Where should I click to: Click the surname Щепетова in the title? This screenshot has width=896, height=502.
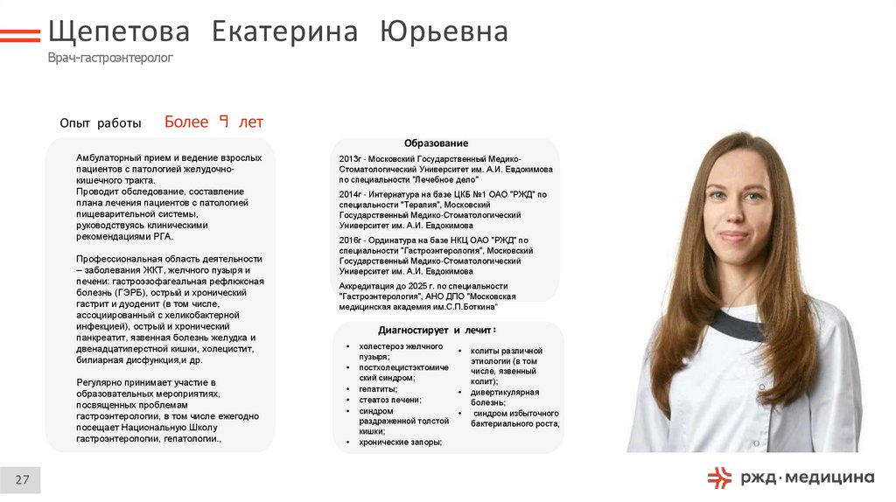click(119, 32)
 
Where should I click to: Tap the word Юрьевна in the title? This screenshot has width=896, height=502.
click(444, 32)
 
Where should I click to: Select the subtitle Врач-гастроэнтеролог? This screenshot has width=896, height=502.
click(110, 58)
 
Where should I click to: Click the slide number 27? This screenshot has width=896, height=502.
click(22, 479)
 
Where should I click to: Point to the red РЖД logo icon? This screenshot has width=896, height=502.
click(719, 478)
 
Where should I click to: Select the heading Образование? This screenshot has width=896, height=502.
click(436, 143)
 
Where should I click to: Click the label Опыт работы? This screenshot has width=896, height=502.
click(100, 124)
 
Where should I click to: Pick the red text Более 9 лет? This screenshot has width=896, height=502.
click(213, 122)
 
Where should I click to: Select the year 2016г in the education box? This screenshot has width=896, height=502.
click(349, 240)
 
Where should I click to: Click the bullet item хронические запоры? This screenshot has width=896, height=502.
click(400, 443)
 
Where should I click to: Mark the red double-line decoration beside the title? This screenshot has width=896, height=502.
click(20, 35)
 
